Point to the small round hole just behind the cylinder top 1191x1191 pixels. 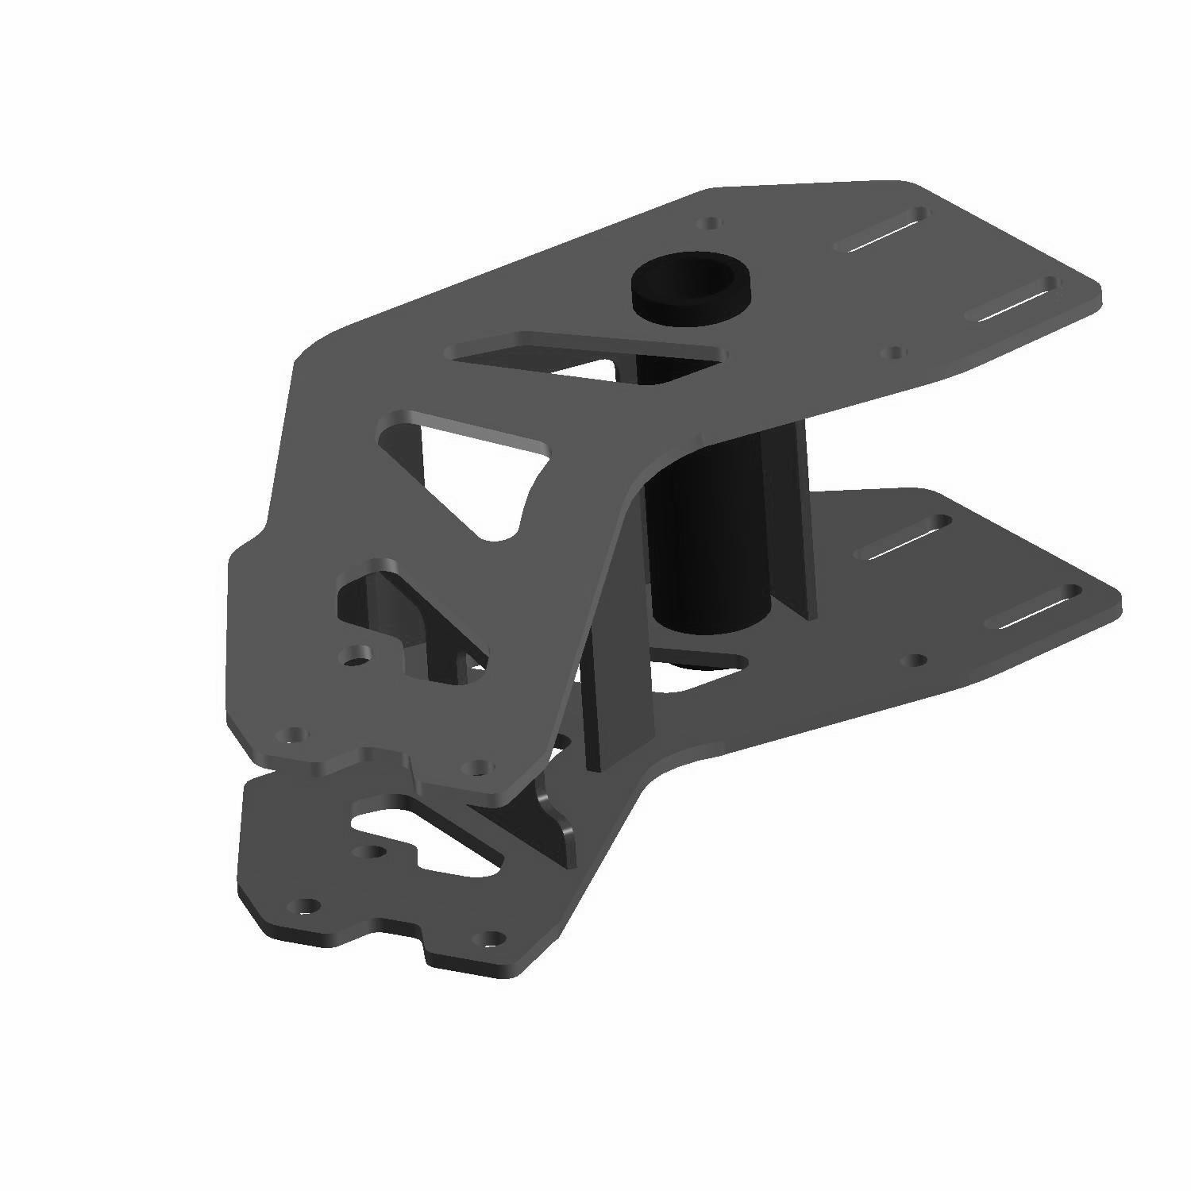pyautogui.click(x=712, y=223)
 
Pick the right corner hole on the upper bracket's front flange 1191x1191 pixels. pyautogui.click(x=478, y=767)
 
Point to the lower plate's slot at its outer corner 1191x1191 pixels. pyautogui.click(x=1036, y=608)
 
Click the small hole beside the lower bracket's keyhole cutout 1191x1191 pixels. pyautogui.click(x=368, y=853)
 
